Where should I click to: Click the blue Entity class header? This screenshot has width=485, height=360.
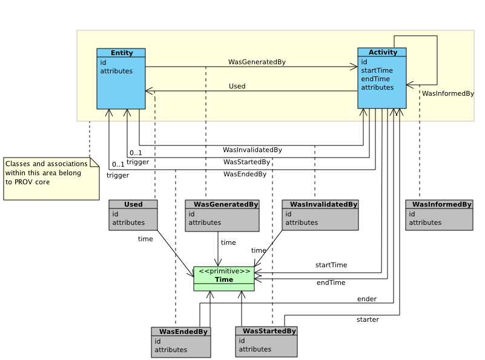(x=121, y=53)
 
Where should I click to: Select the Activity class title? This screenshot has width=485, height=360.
(x=382, y=52)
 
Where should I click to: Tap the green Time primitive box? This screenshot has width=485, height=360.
(x=223, y=279)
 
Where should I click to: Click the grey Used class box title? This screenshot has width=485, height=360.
(x=133, y=204)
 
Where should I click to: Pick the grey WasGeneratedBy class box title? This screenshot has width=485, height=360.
(x=222, y=204)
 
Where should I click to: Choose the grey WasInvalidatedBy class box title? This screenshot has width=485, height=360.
(x=320, y=204)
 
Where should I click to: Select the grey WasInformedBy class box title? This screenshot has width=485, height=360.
(x=439, y=204)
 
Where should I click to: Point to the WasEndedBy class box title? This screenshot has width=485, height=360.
(x=181, y=332)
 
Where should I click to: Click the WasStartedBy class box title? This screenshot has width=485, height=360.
(x=266, y=331)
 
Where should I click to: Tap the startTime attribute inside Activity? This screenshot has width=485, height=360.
(x=377, y=70)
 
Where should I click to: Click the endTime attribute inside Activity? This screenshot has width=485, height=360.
(x=375, y=79)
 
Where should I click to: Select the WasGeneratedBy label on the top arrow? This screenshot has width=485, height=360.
(x=257, y=62)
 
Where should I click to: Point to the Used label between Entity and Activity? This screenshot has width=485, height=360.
(x=237, y=86)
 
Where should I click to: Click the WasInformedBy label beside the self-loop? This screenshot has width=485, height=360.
(x=447, y=93)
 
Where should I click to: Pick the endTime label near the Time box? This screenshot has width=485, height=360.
(x=331, y=282)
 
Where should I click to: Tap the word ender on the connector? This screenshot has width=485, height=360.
(x=367, y=299)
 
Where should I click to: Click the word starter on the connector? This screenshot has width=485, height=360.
(x=368, y=319)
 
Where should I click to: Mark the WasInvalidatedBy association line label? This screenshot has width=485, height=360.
(x=252, y=149)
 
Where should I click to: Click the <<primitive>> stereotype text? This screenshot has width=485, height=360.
(x=223, y=271)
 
